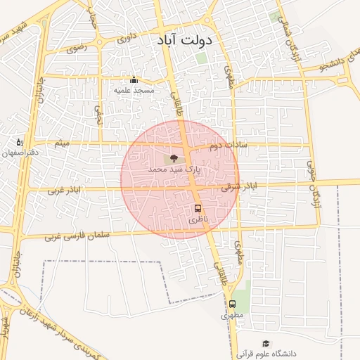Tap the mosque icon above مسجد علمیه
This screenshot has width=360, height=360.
[x=134, y=79]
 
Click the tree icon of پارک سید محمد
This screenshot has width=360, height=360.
[x=174, y=157]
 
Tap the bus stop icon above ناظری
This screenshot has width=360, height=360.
[x=198, y=208]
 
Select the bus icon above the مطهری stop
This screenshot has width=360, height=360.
[x=232, y=304]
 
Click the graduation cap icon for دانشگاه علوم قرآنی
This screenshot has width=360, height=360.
[x=266, y=343]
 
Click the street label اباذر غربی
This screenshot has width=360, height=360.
[x=65, y=190]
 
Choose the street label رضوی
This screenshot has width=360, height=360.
[x=75, y=49]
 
